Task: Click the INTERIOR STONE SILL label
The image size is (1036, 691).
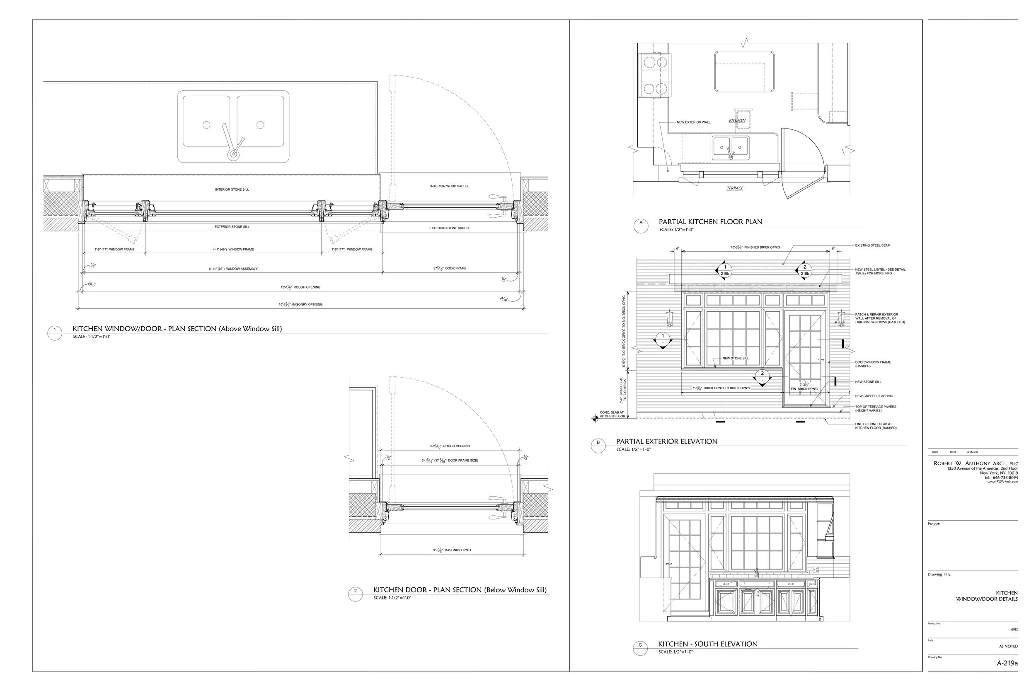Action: click(232, 189)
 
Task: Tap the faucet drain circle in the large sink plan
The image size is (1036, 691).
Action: click(233, 155)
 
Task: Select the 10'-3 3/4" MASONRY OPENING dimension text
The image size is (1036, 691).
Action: click(300, 305)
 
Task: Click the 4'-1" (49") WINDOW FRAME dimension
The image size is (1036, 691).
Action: click(233, 250)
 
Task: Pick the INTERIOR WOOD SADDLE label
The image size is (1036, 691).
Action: click(449, 186)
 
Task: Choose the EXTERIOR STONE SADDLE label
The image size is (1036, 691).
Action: click(449, 228)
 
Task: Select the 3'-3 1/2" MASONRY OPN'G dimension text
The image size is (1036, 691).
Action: click(451, 550)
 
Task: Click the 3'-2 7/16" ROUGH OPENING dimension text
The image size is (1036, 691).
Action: click(450, 446)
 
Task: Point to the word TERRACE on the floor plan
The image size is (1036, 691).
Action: click(735, 188)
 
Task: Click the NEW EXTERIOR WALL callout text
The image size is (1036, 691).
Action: click(693, 122)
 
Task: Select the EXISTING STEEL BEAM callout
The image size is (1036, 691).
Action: click(873, 245)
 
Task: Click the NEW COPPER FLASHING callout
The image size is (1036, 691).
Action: click(874, 396)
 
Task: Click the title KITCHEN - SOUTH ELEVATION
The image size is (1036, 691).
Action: click(707, 644)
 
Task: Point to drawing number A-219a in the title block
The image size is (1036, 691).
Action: click(1007, 675)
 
